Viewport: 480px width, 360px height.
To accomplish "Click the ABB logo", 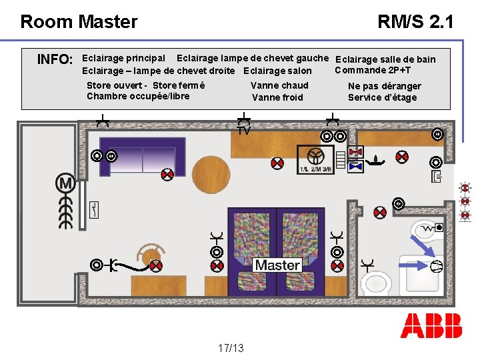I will click(431, 326).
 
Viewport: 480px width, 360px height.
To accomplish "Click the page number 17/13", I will click(231, 348).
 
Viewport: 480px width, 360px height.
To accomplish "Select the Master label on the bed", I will click(277, 265).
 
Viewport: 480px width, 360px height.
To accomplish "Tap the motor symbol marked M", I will click(65, 183).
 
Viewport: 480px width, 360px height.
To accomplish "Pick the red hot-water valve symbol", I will click(355, 151).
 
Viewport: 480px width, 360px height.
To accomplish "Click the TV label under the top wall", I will click(244, 131).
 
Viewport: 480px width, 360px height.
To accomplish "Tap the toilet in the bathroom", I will click(378, 284).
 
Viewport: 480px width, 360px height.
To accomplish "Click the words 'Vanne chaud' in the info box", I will click(279, 85).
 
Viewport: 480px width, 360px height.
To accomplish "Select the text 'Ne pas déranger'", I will click(385, 86).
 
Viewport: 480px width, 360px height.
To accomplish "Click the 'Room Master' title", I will click(79, 21).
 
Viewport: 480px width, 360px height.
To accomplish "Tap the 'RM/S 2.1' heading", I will click(415, 21).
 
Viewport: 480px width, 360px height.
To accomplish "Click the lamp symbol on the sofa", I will click(111, 157).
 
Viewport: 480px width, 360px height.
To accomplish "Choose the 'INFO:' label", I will click(55, 59).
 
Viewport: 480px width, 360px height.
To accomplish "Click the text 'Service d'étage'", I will click(382, 97).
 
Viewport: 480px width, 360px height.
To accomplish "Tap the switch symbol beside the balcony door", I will click(95, 210).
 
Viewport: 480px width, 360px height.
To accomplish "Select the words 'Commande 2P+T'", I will click(373, 70).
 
